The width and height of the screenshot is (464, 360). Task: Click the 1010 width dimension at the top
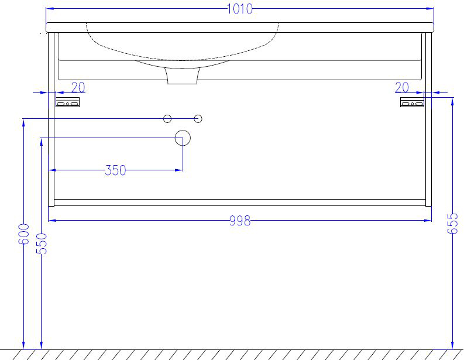pyautogui.click(x=240, y=9)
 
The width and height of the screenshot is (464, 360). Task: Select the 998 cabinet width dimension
pyautogui.click(x=240, y=221)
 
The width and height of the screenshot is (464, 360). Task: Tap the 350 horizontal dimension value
pyautogui.click(x=115, y=170)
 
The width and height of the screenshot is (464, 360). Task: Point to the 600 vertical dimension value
pyautogui.click(x=23, y=234)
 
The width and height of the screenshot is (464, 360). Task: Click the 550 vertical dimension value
pyautogui.click(x=42, y=244)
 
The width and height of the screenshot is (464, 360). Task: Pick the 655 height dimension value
pyautogui.click(x=452, y=224)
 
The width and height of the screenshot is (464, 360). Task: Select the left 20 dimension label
pyautogui.click(x=78, y=88)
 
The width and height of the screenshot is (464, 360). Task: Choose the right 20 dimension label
pyautogui.click(x=402, y=88)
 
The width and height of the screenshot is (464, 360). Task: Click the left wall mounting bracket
pyautogui.click(x=68, y=102)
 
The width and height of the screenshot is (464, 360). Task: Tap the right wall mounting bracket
pyautogui.click(x=412, y=102)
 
